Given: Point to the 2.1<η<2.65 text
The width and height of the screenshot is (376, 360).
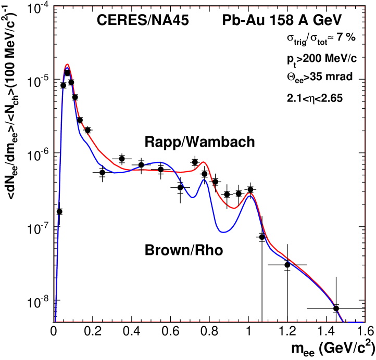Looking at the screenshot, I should (x=316, y=97).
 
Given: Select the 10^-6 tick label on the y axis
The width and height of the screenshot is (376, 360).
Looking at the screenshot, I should (x=36, y=155).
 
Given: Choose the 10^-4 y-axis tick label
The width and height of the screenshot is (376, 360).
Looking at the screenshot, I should (x=36, y=8).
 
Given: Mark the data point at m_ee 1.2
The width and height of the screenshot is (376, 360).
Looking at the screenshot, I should (x=287, y=265).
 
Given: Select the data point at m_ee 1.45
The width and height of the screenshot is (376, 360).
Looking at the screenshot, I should (x=336, y=308).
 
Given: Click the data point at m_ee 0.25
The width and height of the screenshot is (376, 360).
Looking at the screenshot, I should (x=102, y=172).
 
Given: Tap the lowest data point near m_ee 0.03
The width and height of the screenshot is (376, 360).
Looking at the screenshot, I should (x=59, y=211).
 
